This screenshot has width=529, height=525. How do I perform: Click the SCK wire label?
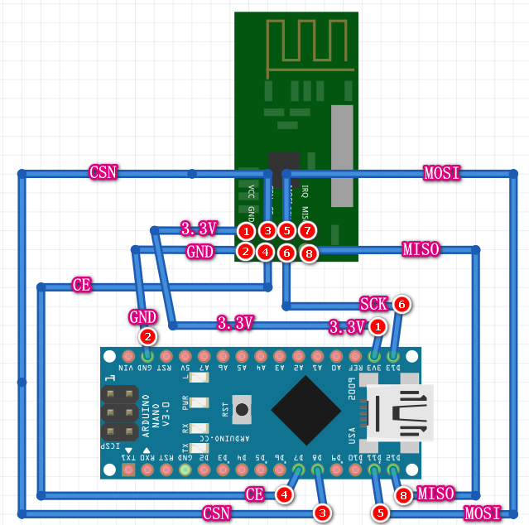click(x=374, y=304)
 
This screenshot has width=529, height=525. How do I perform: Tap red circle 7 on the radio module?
click(x=307, y=230)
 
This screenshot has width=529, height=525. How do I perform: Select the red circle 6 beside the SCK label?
click(x=402, y=304)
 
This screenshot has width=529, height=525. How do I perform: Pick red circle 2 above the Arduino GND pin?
click(x=147, y=336)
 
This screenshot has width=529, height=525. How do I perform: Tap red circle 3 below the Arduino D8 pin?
click(x=323, y=513)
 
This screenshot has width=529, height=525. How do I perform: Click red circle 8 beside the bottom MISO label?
click(x=403, y=495)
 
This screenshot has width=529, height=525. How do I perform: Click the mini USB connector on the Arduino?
click(x=402, y=412)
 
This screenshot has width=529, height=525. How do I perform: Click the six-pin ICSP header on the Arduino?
click(x=118, y=412)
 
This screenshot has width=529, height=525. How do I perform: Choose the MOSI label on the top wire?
click(x=441, y=173)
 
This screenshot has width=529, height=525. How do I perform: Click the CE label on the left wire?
click(x=82, y=285)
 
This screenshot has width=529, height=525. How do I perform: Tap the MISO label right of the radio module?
click(x=421, y=248)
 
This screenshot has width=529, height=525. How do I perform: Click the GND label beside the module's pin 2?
click(x=200, y=250)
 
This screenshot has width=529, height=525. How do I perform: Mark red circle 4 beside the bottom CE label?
click(x=285, y=494)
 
